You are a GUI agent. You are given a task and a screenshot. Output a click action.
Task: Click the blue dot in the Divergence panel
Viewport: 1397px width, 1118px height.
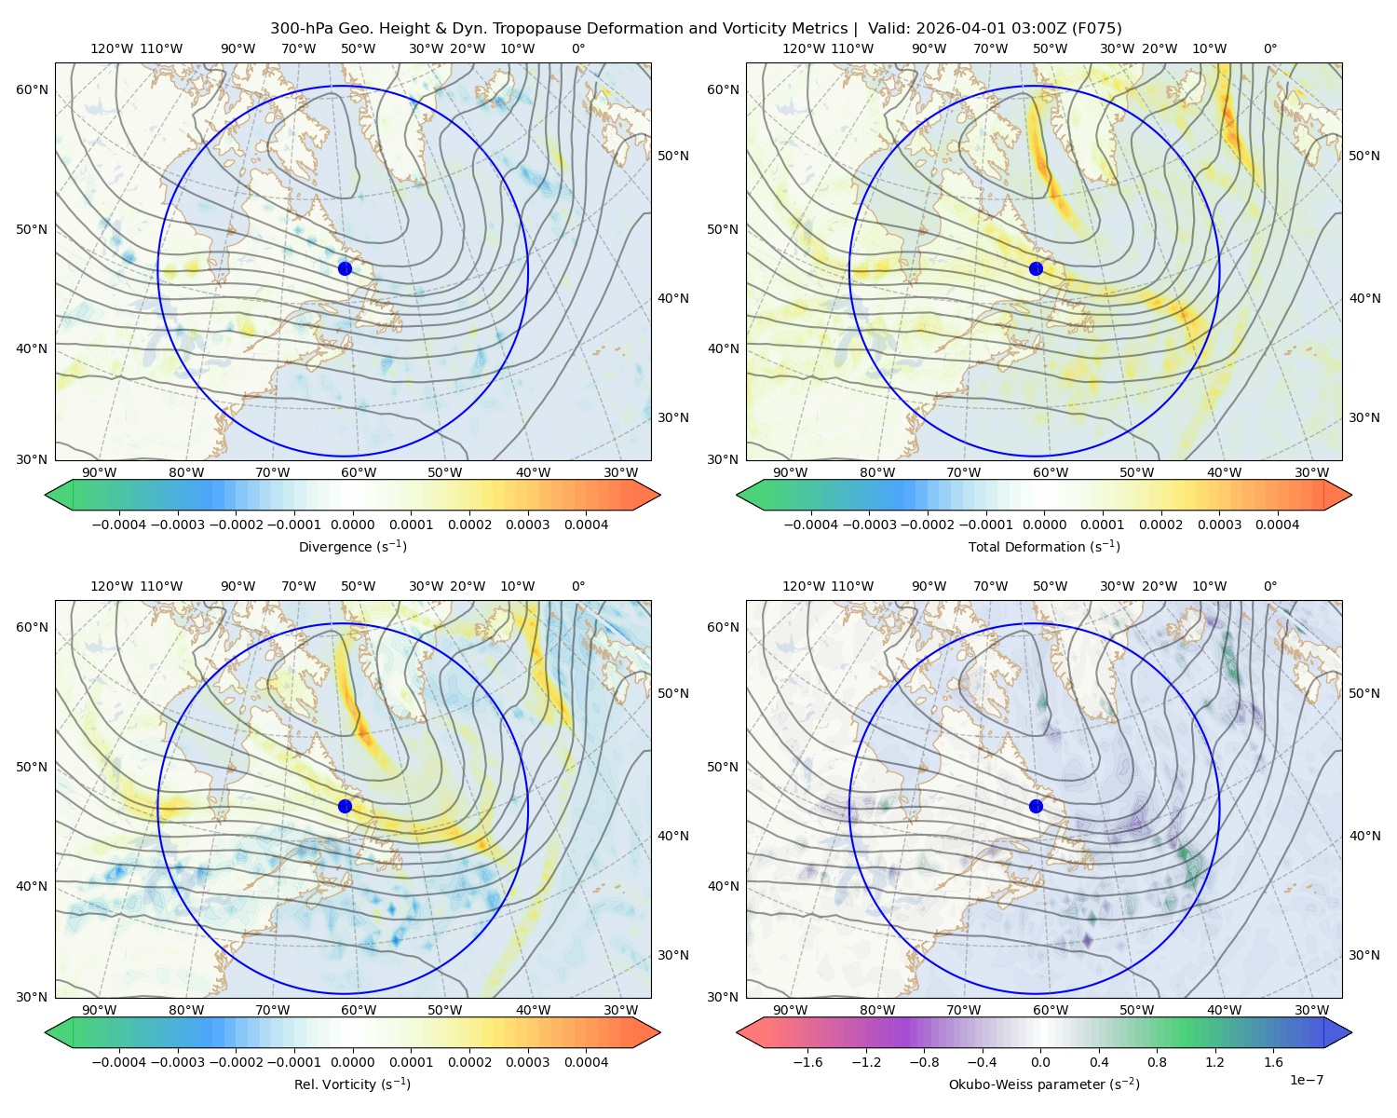pos(345,269)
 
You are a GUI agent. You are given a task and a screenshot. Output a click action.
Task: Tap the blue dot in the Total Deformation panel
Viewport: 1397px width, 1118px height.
pos(1036,269)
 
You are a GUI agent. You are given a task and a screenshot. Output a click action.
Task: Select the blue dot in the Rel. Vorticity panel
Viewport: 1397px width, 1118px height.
pos(345,806)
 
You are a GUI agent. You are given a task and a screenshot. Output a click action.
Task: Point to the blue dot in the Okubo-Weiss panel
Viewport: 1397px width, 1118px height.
pos(1036,806)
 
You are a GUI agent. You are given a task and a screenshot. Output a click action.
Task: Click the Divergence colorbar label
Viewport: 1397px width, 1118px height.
pos(352,547)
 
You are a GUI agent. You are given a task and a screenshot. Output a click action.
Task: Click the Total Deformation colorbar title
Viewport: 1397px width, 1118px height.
pos(1044,547)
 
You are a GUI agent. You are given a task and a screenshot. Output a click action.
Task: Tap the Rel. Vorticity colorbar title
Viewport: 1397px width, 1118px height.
pos(352,1084)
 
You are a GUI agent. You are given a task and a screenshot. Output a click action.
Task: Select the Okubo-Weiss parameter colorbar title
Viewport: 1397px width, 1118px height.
pos(1044,1084)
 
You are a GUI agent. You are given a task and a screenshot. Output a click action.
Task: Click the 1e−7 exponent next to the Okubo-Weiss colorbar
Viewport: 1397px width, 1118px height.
pos(1306,1081)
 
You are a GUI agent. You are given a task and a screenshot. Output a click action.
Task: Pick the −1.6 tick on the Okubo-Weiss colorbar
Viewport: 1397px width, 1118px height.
pos(807,1062)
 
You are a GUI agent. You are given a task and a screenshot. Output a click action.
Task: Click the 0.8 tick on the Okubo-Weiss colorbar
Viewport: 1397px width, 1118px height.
pos(1157,1062)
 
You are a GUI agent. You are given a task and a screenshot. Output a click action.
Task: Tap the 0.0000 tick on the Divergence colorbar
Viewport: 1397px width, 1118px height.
pos(352,525)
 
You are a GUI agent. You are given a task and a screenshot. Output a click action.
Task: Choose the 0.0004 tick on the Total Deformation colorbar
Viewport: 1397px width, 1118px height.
pos(1277,525)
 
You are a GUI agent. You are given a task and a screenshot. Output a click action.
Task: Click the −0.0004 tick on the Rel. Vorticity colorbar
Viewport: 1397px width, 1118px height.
pos(119,1062)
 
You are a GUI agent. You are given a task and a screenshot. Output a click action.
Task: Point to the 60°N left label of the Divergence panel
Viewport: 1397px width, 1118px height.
pos(32,89)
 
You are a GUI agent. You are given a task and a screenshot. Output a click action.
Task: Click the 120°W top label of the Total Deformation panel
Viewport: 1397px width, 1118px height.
pos(803,48)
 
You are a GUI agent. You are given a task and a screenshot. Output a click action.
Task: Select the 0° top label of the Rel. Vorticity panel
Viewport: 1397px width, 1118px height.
pos(578,586)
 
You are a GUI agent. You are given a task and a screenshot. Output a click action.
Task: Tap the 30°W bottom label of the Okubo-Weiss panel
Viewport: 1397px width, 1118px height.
pos(1312,1010)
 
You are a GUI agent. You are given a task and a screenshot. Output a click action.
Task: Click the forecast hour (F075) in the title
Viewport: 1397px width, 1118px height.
pos(1096,29)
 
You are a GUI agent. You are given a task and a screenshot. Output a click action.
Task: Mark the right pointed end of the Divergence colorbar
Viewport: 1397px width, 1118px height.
pos(660,495)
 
